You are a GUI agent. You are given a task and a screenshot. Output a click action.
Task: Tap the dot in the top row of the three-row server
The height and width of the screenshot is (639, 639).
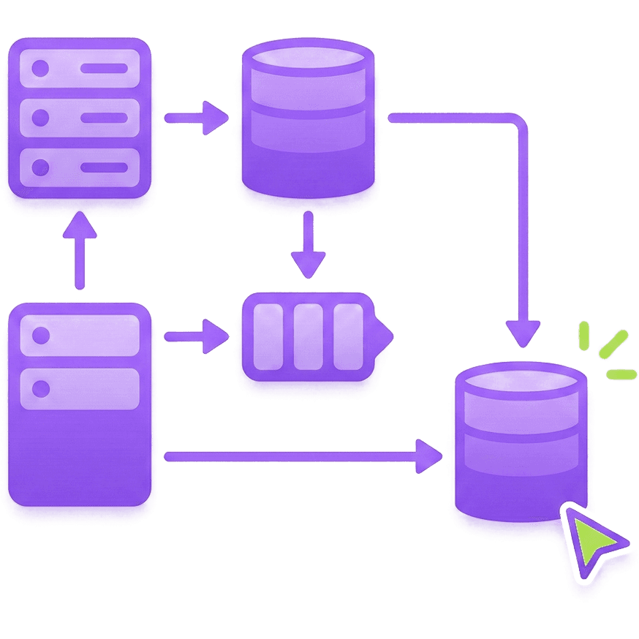(x=41, y=69)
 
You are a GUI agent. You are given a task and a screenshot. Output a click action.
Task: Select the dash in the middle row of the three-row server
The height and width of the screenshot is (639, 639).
(x=103, y=118)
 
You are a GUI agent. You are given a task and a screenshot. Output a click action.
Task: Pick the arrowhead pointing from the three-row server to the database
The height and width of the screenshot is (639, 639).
(x=216, y=118)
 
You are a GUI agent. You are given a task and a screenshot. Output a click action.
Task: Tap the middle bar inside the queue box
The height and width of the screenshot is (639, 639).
(x=308, y=336)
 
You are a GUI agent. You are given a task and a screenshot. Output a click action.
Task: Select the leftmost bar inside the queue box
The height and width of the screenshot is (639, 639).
(x=268, y=336)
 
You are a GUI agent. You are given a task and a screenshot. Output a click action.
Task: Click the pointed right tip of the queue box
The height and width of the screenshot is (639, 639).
(x=389, y=336)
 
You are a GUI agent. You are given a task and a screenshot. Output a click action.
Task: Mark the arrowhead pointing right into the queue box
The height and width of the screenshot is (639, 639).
(x=216, y=336)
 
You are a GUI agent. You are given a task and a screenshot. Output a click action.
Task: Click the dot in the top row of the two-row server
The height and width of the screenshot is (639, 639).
(x=41, y=336)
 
